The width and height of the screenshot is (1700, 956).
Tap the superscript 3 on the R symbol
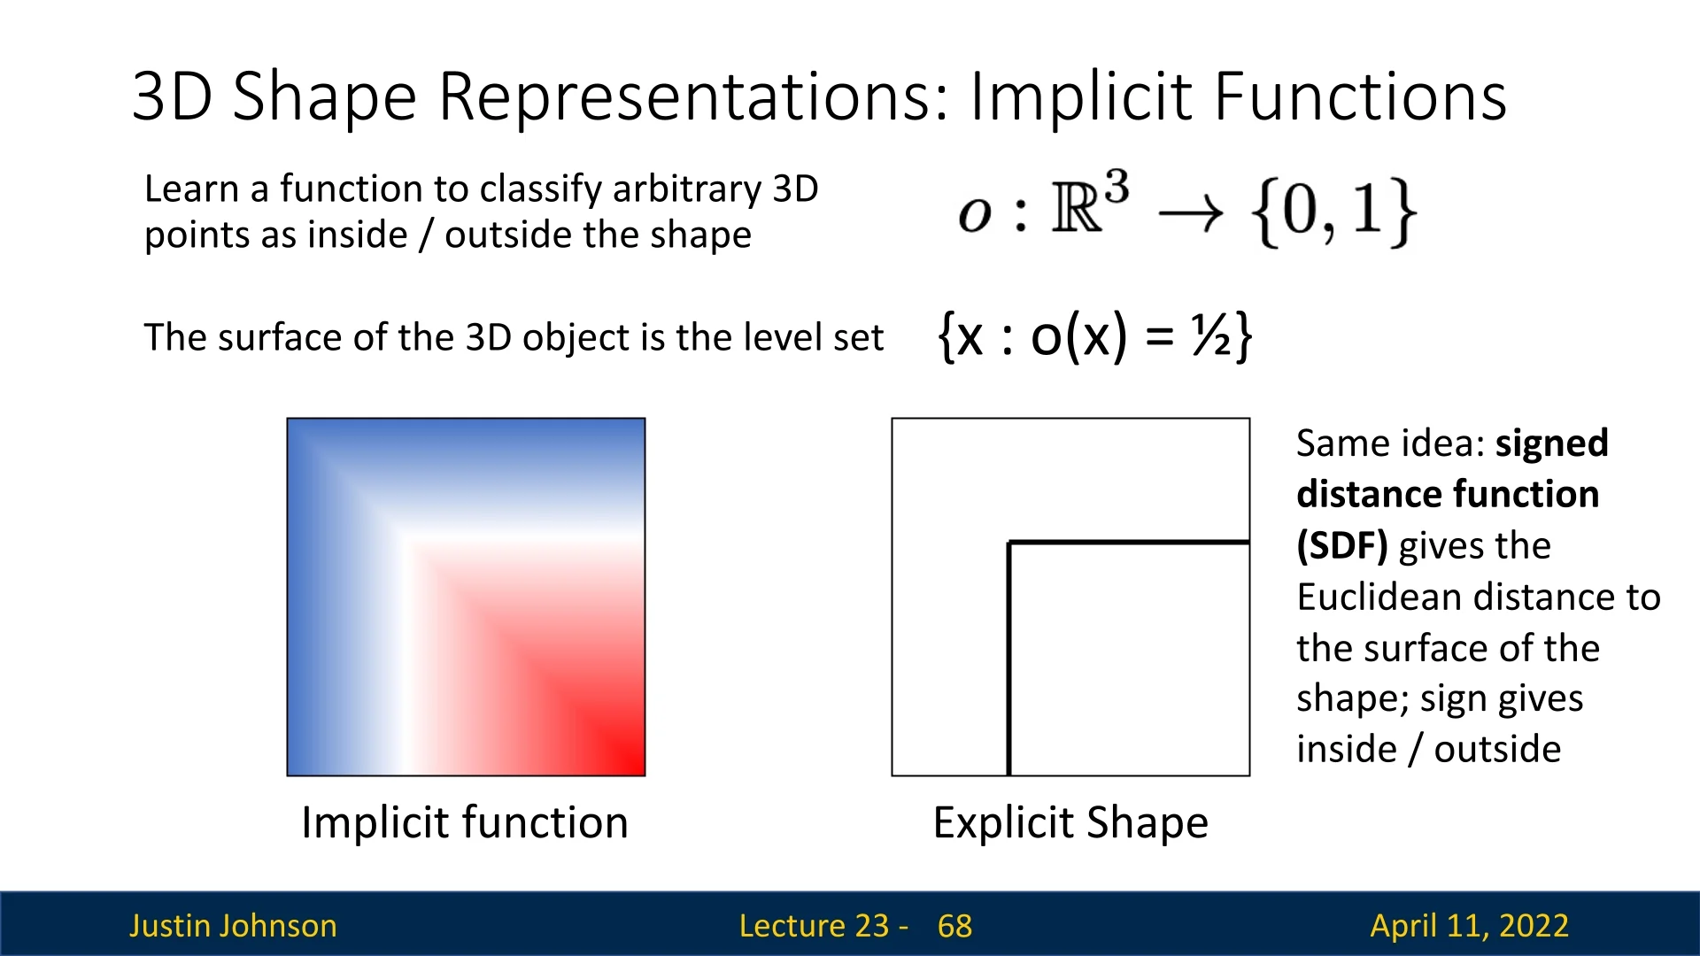click(1117, 189)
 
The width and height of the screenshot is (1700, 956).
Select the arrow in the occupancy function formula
click(1191, 213)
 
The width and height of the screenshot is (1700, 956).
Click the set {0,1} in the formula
click(1333, 212)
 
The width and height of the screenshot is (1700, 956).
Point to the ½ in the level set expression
click(1210, 336)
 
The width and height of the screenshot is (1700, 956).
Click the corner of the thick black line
click(1009, 542)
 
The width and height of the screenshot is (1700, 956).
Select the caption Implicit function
click(465, 822)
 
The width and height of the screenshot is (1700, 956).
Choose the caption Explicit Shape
click(1070, 822)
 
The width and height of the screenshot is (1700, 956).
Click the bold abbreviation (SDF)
click(1342, 546)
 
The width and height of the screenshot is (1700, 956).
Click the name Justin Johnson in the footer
click(233, 926)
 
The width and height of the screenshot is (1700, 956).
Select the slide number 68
click(954, 926)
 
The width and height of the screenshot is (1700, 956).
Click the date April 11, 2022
click(1470, 926)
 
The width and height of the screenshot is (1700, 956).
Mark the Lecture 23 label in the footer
click(814, 926)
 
